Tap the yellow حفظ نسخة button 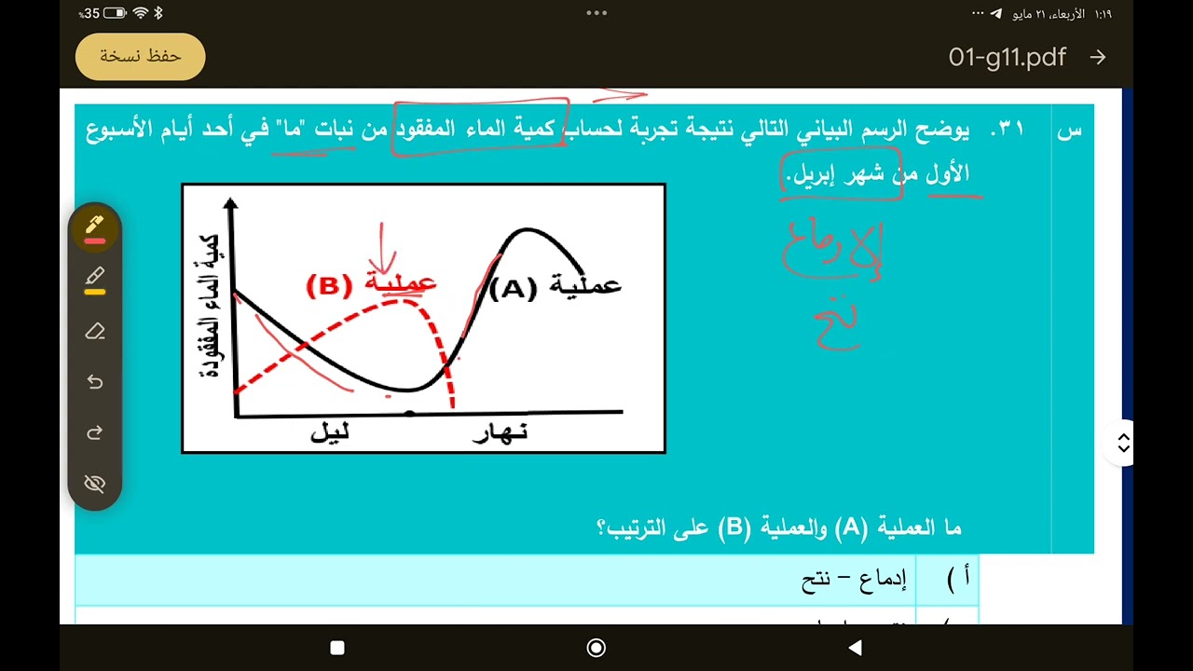[x=140, y=57]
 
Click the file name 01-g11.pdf [x=1007, y=58]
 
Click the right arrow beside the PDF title [x=1098, y=58]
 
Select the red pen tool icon [x=95, y=226]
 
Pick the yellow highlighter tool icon [x=95, y=278]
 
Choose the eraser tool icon [x=95, y=331]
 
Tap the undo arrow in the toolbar [x=95, y=382]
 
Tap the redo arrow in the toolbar [x=95, y=433]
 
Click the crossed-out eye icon [x=95, y=484]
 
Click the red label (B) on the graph [x=328, y=285]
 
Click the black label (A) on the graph [x=514, y=289]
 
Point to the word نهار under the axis [x=501, y=434]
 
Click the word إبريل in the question [x=812, y=174]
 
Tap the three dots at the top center [x=596, y=13]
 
